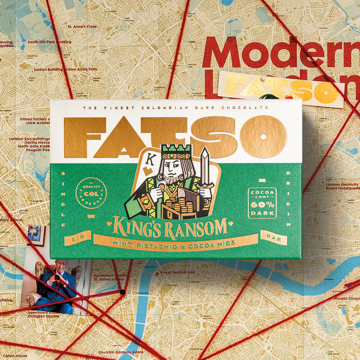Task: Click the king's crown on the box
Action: coord(176,151)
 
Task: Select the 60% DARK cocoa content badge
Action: coord(262,203)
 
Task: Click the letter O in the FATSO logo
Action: coord(263,137)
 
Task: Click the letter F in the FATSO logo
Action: coord(84,137)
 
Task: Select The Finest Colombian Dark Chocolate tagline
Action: coord(175,107)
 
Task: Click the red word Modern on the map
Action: coord(280,52)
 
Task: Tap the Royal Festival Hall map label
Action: coord(177,273)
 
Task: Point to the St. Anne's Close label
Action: coord(82,26)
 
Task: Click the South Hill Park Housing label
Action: coord(49,42)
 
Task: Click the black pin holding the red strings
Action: coord(122,292)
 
